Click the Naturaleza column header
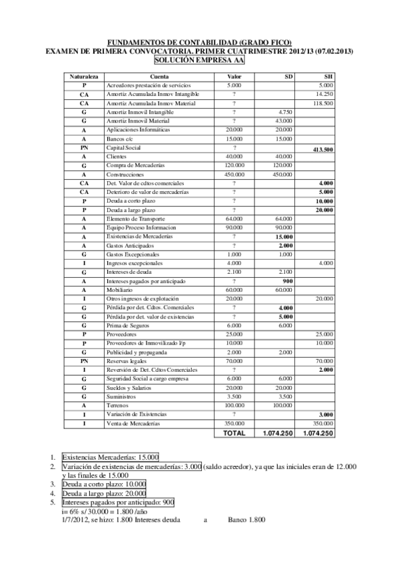click(85, 77)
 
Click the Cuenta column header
click(159, 77)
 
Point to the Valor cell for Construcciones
click(234, 174)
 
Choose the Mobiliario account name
click(120, 290)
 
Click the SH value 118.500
click(323, 103)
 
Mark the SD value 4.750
click(284, 112)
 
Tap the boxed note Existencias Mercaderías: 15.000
click(111, 457)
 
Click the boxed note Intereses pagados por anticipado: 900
click(119, 502)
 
